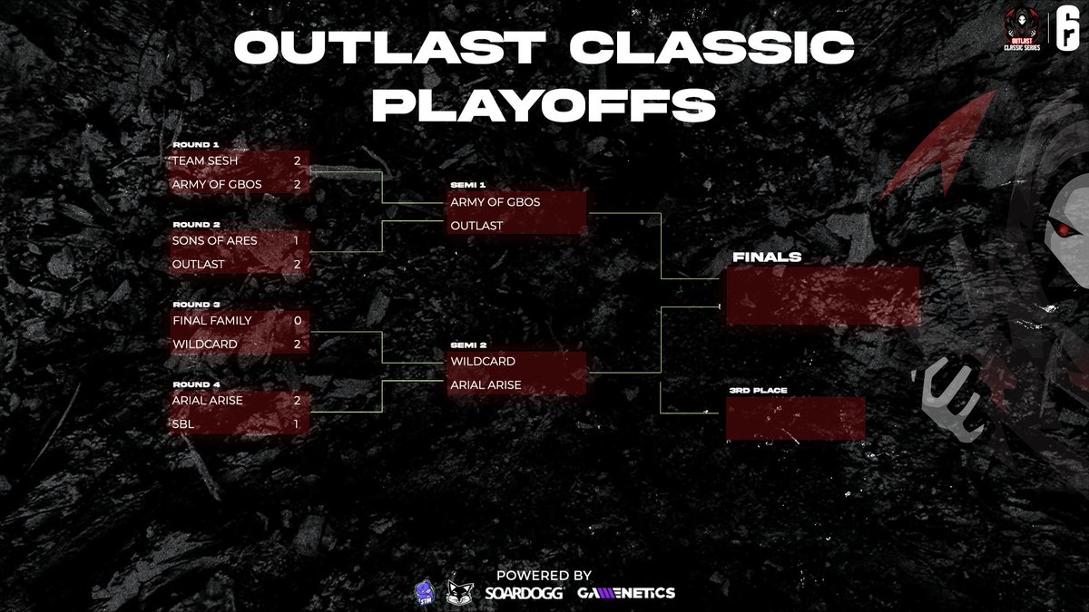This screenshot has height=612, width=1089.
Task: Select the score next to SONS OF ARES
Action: (297, 241)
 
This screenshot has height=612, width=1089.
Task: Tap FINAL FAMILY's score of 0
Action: (297, 321)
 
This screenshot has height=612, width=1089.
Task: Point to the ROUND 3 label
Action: (195, 305)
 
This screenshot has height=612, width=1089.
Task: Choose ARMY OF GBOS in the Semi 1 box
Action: (495, 202)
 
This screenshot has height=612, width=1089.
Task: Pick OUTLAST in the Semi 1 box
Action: (476, 226)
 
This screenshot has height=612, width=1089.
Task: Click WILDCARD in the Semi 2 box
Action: (483, 362)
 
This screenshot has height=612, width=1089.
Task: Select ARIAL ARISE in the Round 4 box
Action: (207, 400)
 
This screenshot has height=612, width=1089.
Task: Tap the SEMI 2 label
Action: (467, 345)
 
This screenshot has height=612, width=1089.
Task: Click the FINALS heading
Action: (767, 257)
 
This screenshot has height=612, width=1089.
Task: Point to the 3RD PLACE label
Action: (757, 391)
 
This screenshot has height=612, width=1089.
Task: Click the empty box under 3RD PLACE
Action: (795, 419)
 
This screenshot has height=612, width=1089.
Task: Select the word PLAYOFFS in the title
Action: (544, 105)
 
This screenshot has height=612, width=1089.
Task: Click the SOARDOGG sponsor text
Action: (525, 592)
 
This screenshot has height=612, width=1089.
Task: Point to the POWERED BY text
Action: (544, 575)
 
